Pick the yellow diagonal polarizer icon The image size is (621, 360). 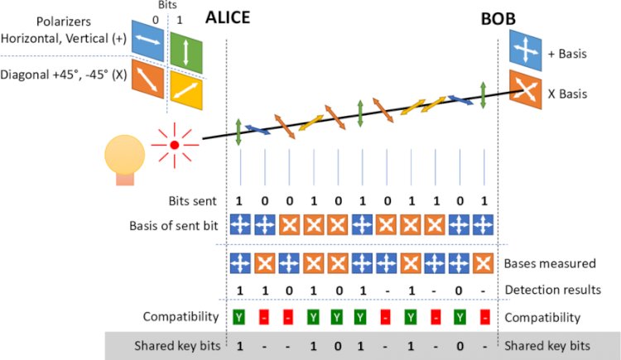[x=186, y=87]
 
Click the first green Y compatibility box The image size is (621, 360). [x=239, y=317]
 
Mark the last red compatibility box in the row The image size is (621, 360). [x=483, y=317]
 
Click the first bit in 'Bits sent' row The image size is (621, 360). [x=239, y=202]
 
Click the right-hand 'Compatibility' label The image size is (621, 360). [x=542, y=317]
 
